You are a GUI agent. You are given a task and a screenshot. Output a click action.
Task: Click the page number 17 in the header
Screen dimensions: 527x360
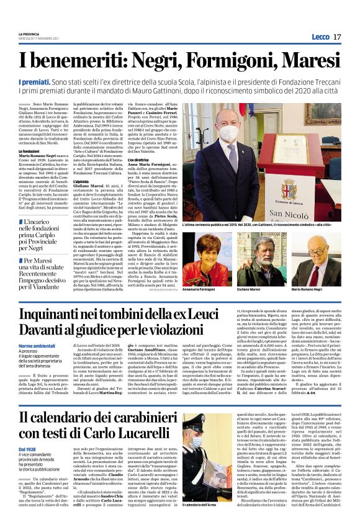coord(337,37)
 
